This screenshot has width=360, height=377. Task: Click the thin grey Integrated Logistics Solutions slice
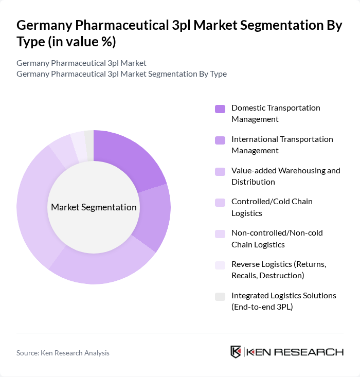89,139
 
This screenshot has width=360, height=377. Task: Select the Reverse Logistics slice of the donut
79,141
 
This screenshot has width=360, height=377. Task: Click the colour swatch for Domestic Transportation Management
220,109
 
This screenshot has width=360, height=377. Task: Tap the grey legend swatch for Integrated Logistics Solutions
220,296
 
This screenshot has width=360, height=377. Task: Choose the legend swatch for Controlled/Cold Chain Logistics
220,203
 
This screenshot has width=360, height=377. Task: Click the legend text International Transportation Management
282,145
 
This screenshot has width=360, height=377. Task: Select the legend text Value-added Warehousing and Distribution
285,176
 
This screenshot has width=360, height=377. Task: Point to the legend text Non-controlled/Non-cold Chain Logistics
277,239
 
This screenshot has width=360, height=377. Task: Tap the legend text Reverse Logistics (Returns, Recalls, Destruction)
278,270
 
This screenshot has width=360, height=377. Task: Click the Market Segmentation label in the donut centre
94,207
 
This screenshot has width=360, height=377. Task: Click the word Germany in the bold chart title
46,26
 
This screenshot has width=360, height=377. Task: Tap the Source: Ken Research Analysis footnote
63,353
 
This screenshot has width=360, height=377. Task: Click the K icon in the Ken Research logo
236,352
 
